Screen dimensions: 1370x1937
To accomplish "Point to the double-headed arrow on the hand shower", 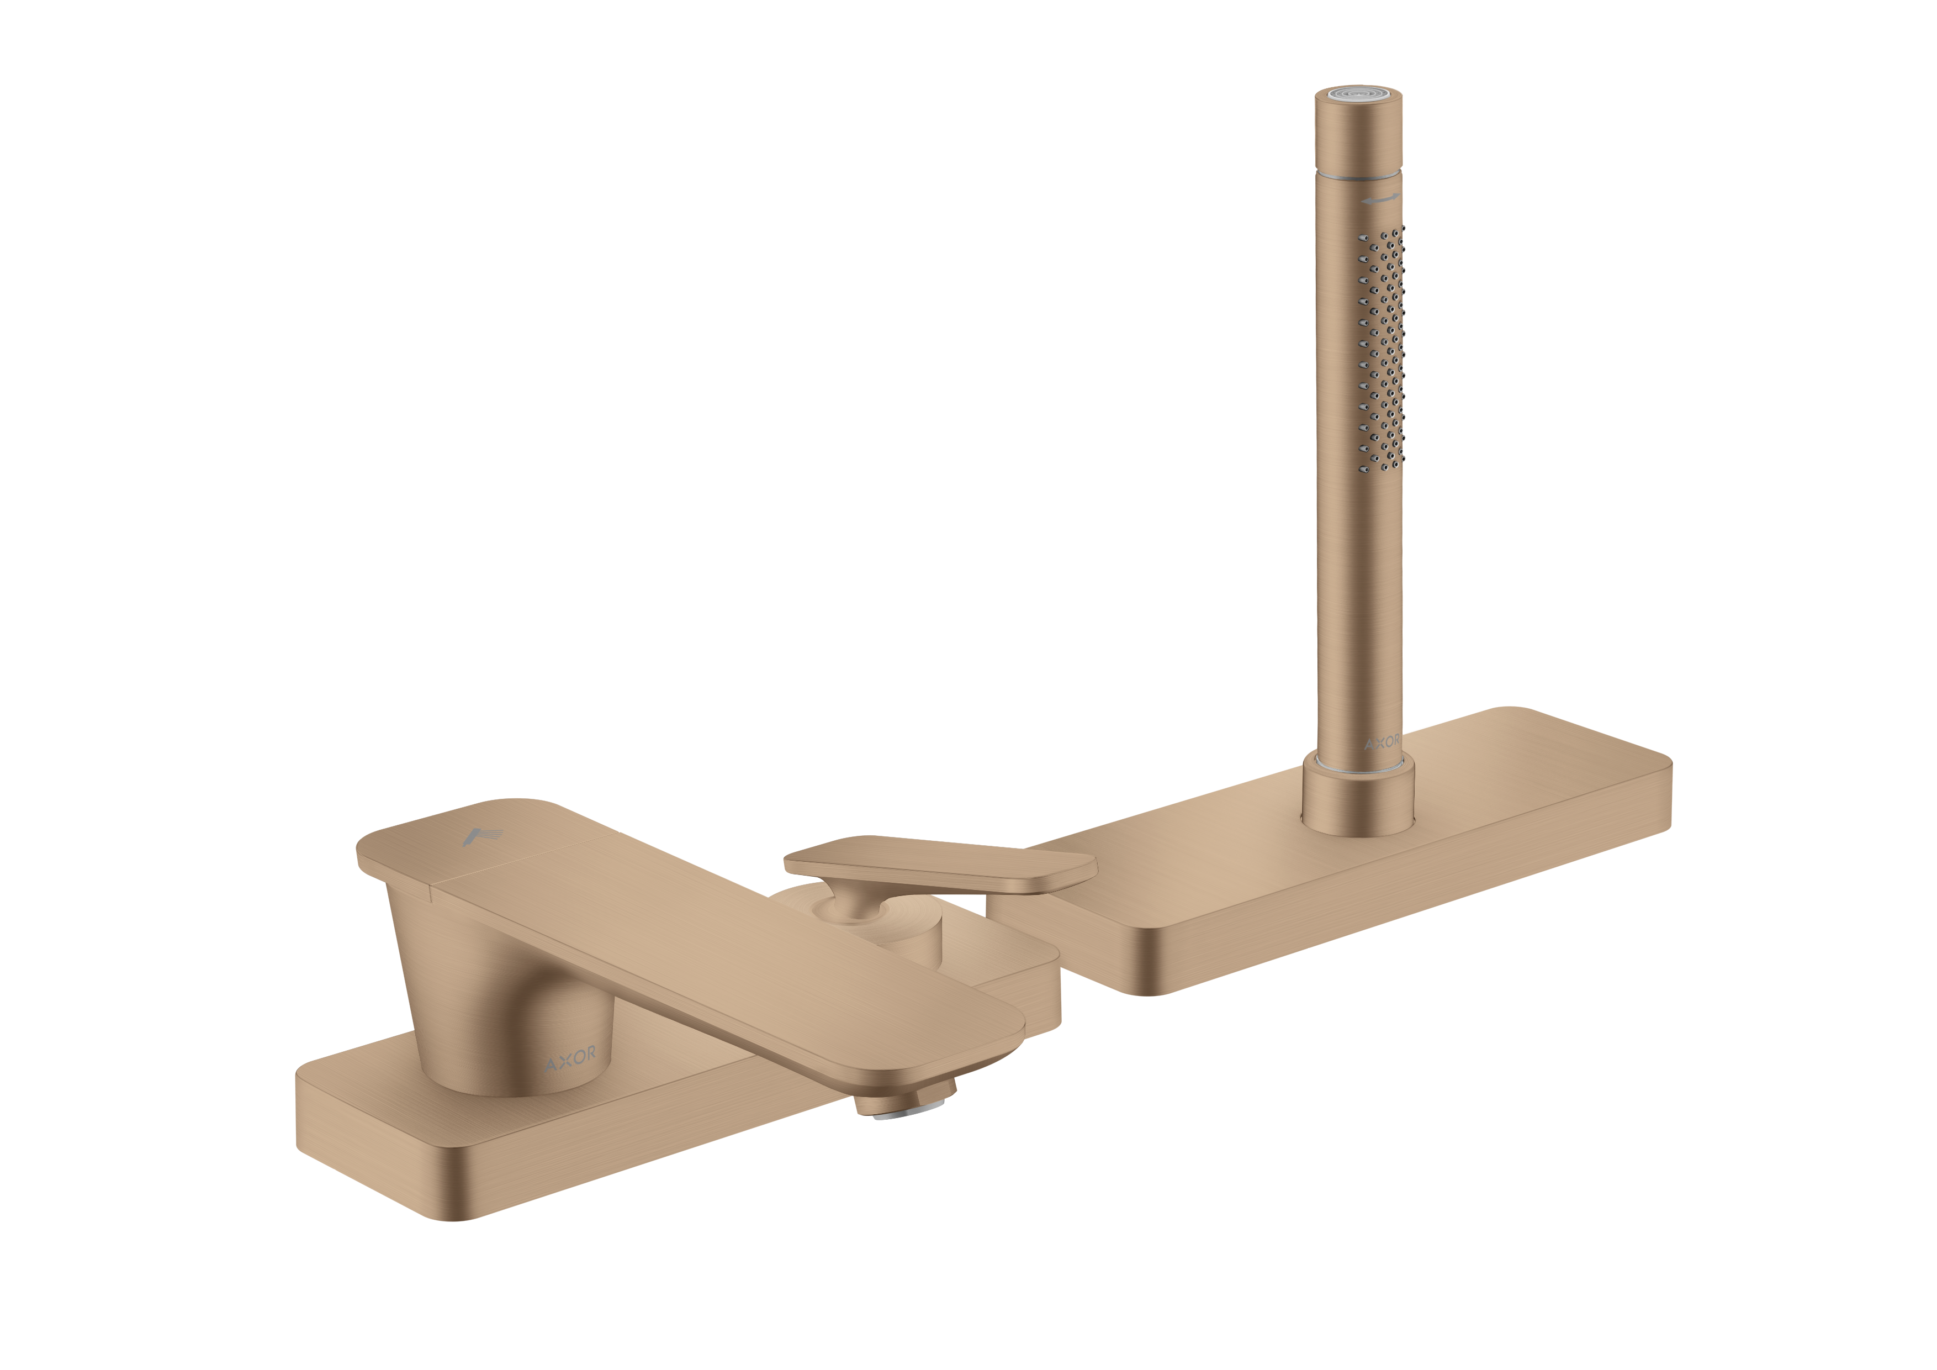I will click(1381, 200).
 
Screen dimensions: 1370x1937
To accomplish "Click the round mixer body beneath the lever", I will click(911, 937).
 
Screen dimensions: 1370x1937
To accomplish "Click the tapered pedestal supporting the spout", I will click(473, 996).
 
